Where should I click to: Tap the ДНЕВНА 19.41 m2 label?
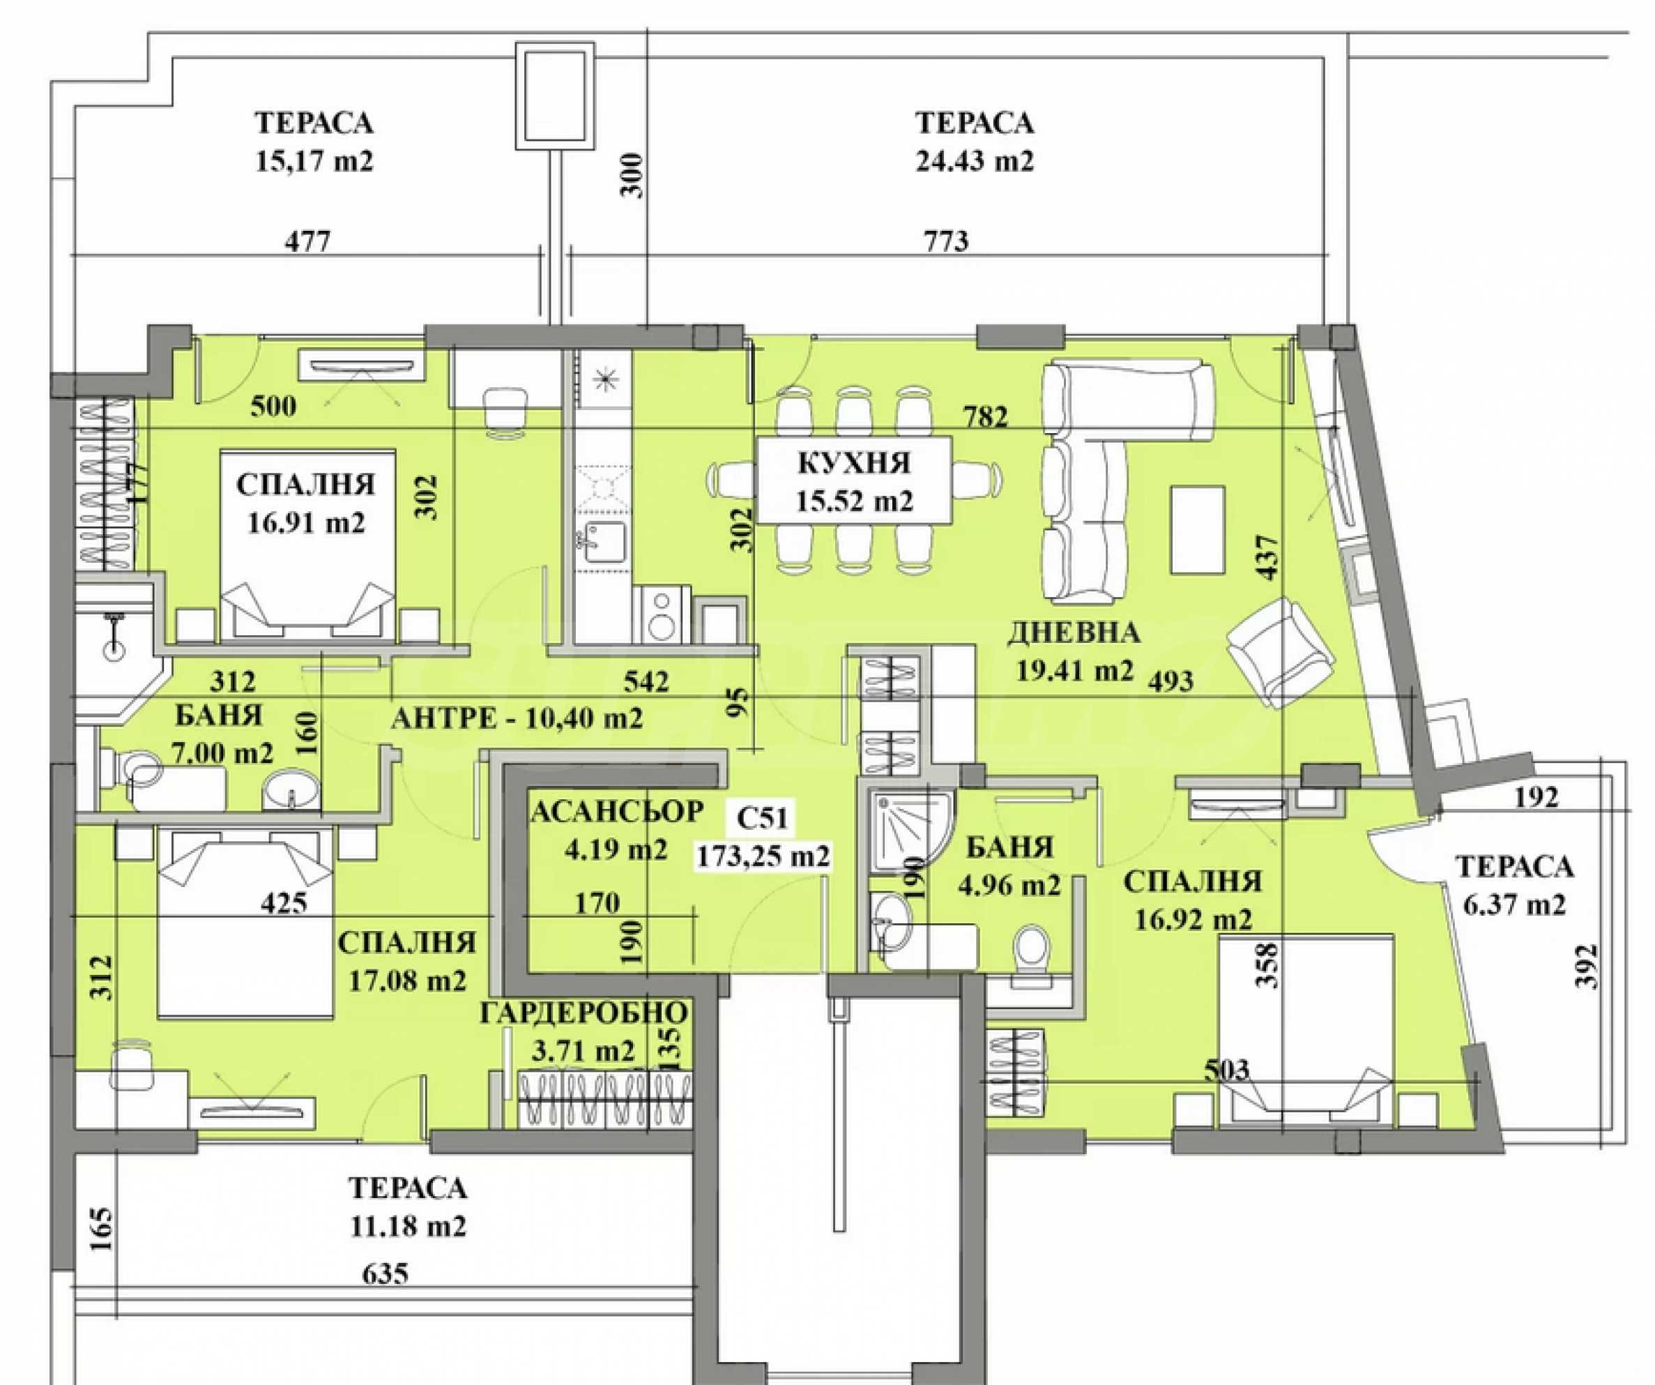coord(1074,651)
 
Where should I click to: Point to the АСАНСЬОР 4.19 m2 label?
coord(617,828)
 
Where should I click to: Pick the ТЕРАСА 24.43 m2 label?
coord(974,142)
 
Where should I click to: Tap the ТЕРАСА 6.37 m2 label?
coord(1514,885)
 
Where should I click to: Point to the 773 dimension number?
coord(946,241)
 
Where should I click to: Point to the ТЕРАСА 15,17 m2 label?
coord(314,142)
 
